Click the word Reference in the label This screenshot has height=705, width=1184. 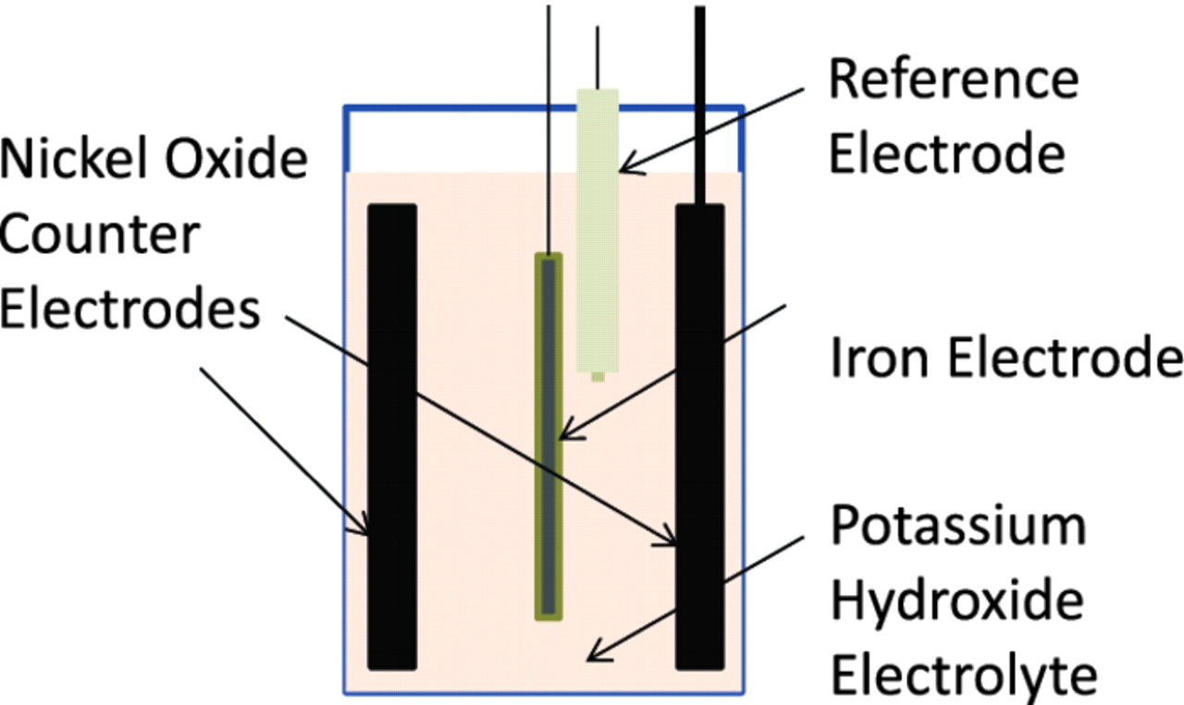953,79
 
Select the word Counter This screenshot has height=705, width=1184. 100,235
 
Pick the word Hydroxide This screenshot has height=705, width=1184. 956,602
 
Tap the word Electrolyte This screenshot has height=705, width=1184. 963,676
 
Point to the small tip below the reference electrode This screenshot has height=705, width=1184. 598,375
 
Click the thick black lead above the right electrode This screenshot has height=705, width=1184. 700,102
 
